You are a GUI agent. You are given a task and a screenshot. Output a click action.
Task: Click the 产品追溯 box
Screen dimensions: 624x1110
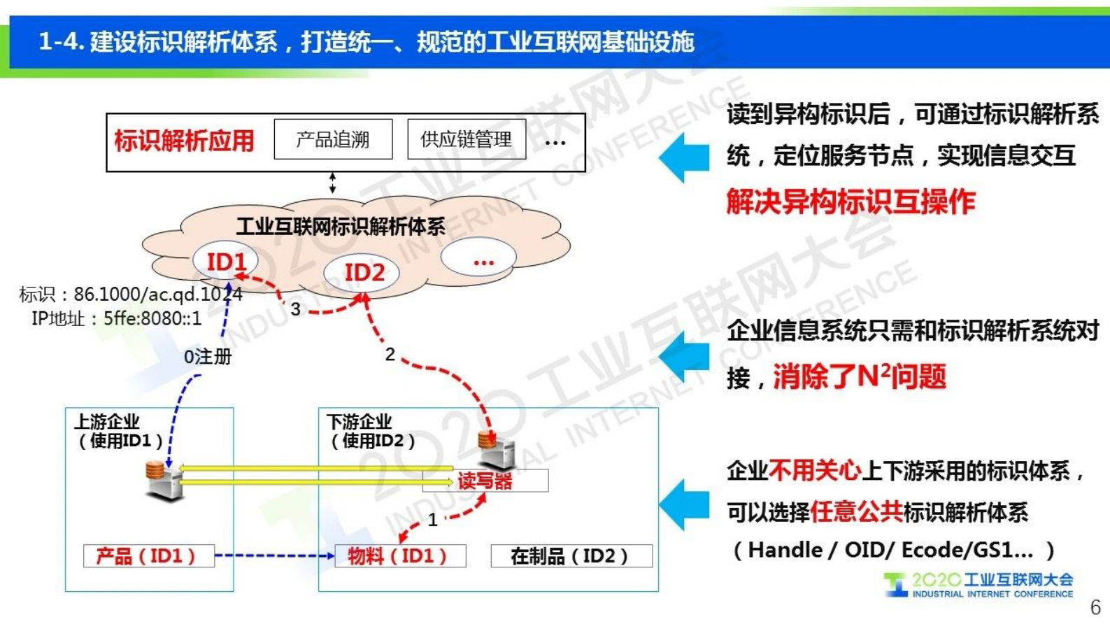coord(333,139)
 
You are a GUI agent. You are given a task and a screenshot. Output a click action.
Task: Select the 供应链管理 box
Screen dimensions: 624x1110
coord(467,139)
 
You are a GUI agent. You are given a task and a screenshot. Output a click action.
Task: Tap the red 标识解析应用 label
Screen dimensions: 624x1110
coord(185,141)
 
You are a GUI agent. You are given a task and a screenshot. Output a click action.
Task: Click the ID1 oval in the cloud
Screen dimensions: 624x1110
coord(226,262)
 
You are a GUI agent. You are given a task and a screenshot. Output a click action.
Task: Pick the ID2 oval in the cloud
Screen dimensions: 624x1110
coord(364,272)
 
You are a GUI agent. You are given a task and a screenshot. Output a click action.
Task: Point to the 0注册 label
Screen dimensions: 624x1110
coord(208,357)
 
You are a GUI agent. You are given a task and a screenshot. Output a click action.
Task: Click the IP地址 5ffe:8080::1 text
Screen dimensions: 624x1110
coord(117,319)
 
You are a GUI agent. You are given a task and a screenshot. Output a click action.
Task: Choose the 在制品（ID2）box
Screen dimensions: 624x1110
coord(571,556)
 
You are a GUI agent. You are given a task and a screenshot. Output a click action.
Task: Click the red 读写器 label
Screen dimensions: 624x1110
coord(485,481)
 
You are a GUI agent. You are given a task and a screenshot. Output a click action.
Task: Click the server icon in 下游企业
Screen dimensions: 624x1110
coord(496,451)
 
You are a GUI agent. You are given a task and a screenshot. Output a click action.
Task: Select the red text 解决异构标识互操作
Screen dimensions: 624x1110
coord(851,202)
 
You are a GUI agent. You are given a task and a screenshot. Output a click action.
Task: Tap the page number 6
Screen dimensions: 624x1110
coord(1095,607)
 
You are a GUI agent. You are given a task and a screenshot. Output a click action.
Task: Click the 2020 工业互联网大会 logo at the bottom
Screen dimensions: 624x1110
coord(979,585)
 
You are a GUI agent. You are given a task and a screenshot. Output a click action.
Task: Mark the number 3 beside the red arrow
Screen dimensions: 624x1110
coord(296,309)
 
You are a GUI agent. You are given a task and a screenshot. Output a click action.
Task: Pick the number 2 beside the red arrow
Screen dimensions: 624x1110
coord(390,355)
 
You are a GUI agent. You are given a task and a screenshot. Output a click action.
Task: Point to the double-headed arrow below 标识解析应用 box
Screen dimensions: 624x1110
coord(333,183)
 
